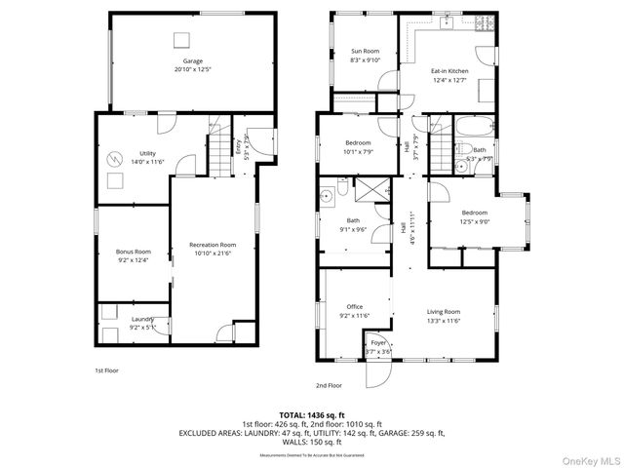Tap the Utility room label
pyautogui.click(x=147, y=153)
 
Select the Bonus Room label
pyautogui.click(x=134, y=252)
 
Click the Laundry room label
pyautogui.click(x=143, y=319)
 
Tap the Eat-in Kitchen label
pyautogui.click(x=449, y=71)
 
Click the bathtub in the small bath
pyautogui.click(x=477, y=128)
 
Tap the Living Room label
pyautogui.click(x=443, y=312)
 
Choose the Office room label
pyautogui.click(x=354, y=307)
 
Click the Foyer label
pyautogui.click(x=377, y=344)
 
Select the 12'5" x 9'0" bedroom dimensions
pyautogui.click(x=475, y=221)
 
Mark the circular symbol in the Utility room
pyautogui.click(x=116, y=159)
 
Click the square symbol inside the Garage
pyautogui.click(x=180, y=38)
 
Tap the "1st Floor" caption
pyautogui.click(x=107, y=370)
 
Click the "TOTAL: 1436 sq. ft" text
pyautogui.click(x=311, y=414)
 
